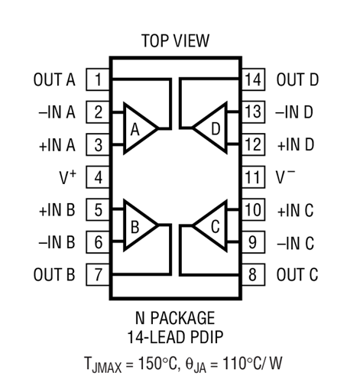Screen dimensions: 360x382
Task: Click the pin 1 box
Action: pos(98,79)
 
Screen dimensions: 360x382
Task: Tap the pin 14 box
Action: pos(253,79)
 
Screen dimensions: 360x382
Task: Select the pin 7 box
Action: pos(98,274)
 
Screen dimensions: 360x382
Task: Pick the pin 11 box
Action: pos(253,177)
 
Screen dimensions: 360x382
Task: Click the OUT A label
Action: pos(54,79)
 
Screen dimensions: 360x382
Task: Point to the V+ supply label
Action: pos(68,177)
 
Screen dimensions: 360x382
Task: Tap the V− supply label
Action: pos(285,176)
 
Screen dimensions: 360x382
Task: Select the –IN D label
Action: pos(294,112)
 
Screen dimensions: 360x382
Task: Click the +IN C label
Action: pos(296,210)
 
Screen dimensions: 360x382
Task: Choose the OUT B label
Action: pos(54,274)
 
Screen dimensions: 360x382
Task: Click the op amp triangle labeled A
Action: pos(140,128)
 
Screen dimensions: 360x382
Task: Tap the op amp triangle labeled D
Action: pos(209,128)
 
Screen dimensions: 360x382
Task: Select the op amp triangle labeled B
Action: pos(140,225)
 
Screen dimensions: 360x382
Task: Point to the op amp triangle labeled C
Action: pos(209,225)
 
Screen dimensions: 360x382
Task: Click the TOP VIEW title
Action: pos(176,40)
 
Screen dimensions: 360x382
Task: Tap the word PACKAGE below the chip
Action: pos(183,318)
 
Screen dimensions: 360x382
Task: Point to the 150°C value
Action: pos(157,363)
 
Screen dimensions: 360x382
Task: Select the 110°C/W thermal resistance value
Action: pos(253,363)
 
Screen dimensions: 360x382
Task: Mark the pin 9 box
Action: pos(253,242)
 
